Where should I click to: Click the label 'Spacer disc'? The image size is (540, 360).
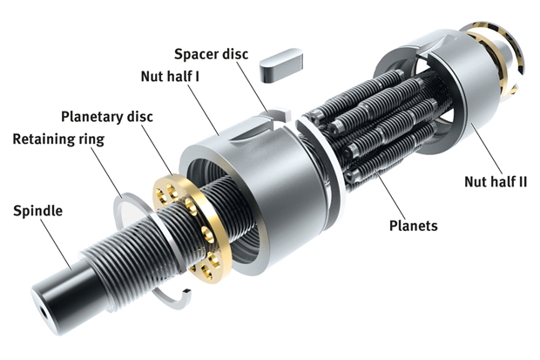click(211, 54)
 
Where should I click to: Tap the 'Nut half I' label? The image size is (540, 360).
click(170, 76)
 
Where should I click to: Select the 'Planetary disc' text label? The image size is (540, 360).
click(107, 117)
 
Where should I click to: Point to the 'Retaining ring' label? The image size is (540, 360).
click(58, 139)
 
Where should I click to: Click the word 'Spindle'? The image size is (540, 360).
click(37, 211)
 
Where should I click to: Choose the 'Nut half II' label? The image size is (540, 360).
click(496, 181)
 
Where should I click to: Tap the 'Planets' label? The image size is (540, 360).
click(413, 226)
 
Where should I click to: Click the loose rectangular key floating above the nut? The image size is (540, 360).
click(281, 65)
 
